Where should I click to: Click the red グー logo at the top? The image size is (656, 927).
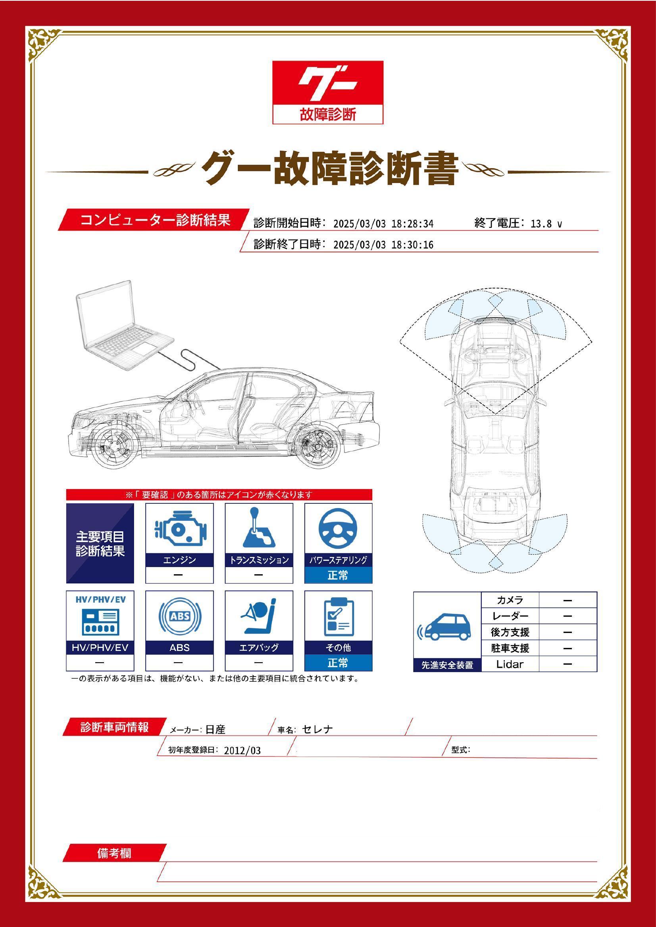click(327, 82)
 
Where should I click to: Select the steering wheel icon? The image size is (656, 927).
click(338, 529)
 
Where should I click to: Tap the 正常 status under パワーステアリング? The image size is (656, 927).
click(338, 575)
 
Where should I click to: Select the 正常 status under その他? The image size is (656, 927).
click(338, 663)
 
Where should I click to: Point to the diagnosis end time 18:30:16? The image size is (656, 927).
click(412, 245)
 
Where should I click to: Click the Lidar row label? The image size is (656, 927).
click(510, 664)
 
